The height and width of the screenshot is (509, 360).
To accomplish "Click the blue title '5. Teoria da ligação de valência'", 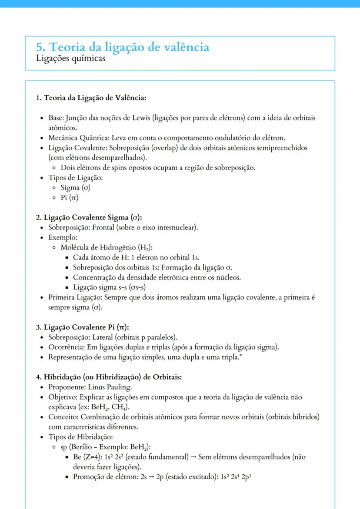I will point(123,47).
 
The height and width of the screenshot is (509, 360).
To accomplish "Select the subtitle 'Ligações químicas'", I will point(70,58).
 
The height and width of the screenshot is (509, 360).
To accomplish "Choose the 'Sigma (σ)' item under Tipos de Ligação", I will point(76,188).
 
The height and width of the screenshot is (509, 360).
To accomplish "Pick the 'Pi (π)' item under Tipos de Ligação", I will point(70,198).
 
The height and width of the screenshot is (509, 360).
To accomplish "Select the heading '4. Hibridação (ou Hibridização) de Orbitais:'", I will point(109,377).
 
